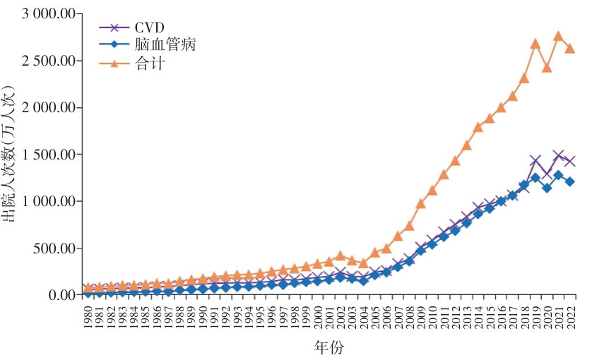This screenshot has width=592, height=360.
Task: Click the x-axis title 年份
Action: (329, 348)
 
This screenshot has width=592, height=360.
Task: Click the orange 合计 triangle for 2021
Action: (559, 36)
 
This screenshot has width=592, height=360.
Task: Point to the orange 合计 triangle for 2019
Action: (535, 44)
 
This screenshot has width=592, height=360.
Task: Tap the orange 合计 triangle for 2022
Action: (570, 48)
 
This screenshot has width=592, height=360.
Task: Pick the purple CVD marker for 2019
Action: (535, 161)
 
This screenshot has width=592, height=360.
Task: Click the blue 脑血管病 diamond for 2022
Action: (570, 181)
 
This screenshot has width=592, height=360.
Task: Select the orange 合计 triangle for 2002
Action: (341, 256)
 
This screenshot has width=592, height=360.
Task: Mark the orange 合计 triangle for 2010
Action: (432, 191)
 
